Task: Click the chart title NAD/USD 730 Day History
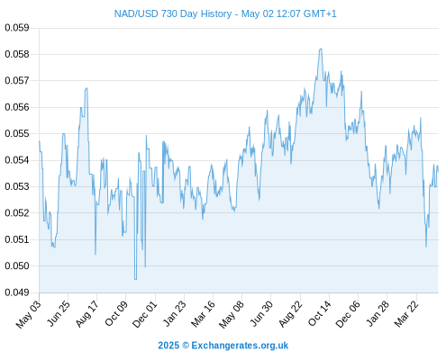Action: point(173,13)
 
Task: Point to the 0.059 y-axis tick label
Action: point(17,28)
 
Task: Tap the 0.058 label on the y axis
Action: point(17,54)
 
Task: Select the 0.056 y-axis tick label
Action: point(17,107)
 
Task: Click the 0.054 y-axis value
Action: point(17,160)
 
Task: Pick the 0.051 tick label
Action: point(17,239)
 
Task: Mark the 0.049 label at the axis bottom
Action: point(17,292)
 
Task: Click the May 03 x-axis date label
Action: point(29,314)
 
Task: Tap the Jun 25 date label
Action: point(59,313)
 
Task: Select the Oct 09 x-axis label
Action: point(116,313)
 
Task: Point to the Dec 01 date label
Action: point(145,313)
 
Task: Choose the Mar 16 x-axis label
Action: point(204,313)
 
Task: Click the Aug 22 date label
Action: point(290,313)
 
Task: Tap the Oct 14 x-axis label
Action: point(320,313)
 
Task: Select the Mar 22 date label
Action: point(406,313)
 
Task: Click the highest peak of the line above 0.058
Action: point(321,49)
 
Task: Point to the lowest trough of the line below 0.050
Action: point(135,279)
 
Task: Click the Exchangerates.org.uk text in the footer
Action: point(240,346)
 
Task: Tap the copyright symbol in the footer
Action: point(186,346)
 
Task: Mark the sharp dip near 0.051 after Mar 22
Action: point(426,247)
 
